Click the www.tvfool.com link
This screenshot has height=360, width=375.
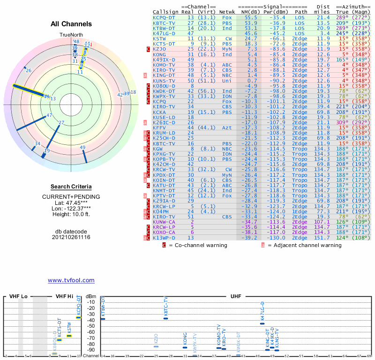tap(71, 280)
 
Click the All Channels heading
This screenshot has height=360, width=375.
tap(71, 24)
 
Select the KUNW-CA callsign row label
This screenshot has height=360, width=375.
tap(164, 222)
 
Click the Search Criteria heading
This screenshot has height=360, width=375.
tap(71, 187)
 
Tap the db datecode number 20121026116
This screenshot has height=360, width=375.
tap(71, 237)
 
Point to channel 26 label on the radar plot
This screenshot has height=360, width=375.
tap(29, 71)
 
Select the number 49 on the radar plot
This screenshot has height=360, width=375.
tap(82, 148)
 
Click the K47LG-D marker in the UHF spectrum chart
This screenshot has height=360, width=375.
tap(262, 323)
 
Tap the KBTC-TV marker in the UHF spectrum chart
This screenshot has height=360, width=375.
tap(165, 318)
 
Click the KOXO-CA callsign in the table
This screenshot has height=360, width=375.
tap(164, 232)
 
